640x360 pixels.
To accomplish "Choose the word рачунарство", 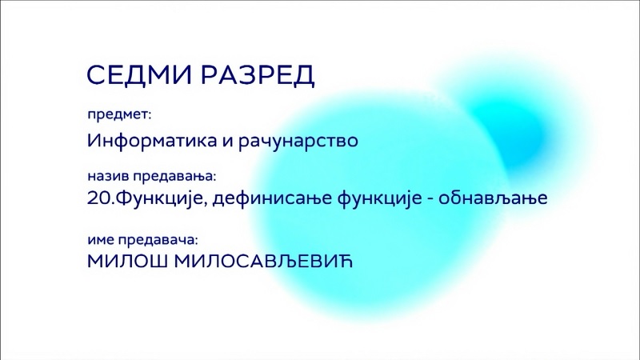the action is click(x=298, y=142).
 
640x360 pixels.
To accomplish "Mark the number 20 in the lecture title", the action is click(x=98, y=198).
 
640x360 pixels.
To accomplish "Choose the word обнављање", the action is click(x=493, y=198).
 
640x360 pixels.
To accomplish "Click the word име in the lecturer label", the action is click(x=100, y=240).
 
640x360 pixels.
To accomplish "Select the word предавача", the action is click(x=158, y=240).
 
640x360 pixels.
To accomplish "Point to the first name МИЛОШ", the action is click(x=127, y=262).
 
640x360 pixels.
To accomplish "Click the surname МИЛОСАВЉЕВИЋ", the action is click(x=263, y=262).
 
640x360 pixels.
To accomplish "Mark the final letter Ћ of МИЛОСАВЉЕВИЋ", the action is click(x=346, y=262).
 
